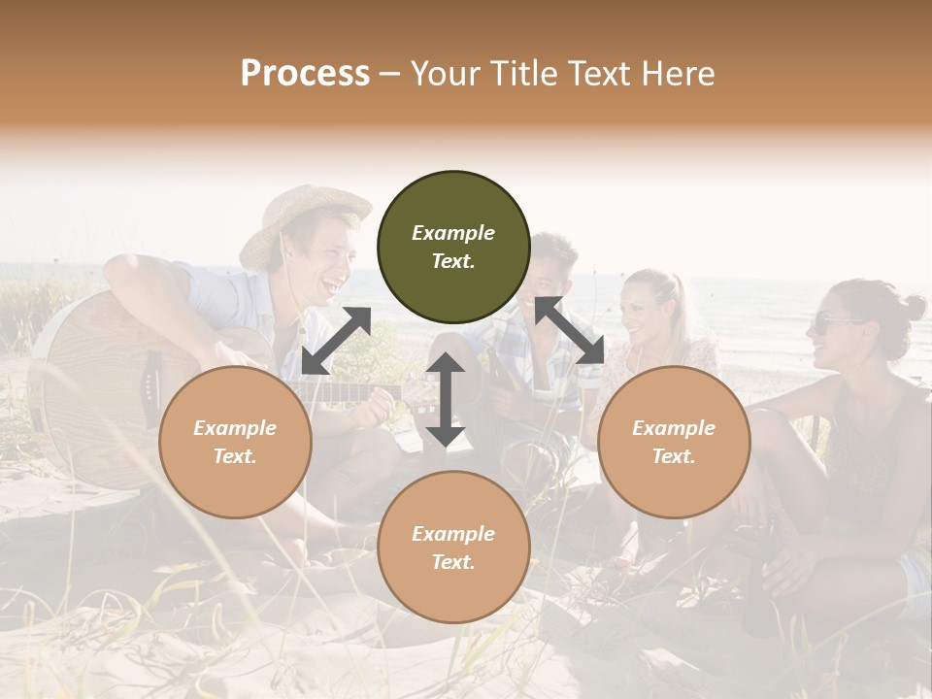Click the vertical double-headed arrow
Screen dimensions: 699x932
[446, 400]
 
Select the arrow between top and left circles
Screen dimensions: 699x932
[336, 340]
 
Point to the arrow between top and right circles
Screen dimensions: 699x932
[570, 331]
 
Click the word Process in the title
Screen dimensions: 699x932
[305, 73]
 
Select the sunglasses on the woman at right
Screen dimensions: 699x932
[834, 322]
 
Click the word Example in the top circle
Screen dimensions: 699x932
[453, 233]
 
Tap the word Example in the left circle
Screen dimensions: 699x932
[235, 428]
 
